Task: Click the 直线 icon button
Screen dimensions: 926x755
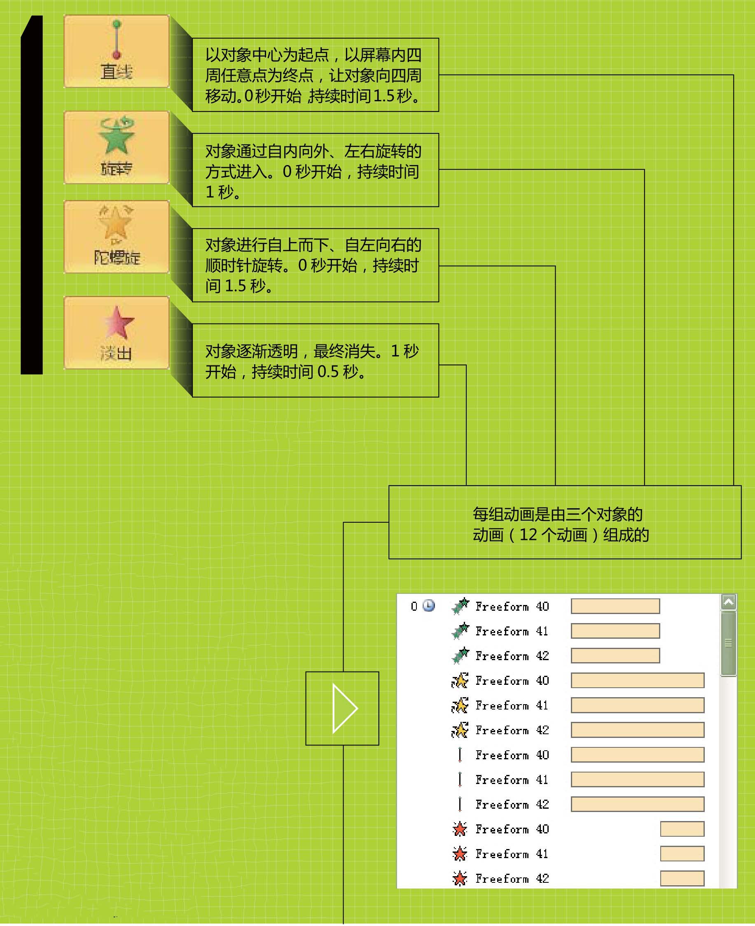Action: point(116,51)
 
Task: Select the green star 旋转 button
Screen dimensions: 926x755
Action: point(116,147)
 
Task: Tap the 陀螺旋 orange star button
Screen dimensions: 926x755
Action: point(116,237)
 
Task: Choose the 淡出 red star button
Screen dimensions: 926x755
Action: point(116,333)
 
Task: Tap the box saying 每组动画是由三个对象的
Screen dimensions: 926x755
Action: point(565,522)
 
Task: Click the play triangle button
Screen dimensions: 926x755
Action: point(342,708)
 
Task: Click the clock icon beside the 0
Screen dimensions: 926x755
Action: point(428,605)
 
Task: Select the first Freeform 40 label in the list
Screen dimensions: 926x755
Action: point(512,606)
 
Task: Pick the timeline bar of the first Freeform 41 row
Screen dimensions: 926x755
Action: point(615,631)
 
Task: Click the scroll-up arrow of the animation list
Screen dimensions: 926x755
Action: point(728,602)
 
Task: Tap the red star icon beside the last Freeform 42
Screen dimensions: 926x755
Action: point(459,878)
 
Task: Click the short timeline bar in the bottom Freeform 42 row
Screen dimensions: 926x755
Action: point(682,878)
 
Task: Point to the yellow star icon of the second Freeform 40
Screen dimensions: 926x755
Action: point(459,680)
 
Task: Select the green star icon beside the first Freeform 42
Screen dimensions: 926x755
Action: point(460,656)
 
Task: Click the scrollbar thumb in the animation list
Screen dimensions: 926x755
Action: point(728,643)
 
